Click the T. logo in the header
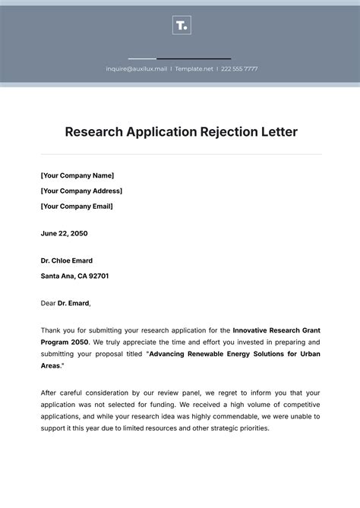[x=182, y=26]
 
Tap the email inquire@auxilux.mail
[x=136, y=69]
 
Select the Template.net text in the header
[x=194, y=69]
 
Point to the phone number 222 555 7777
[x=240, y=69]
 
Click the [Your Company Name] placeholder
[x=77, y=175]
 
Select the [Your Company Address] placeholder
[x=81, y=191]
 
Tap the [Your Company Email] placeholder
[x=77, y=206]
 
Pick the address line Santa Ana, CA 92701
[x=74, y=276]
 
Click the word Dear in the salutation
[x=49, y=303]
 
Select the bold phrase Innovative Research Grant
[x=276, y=330]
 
